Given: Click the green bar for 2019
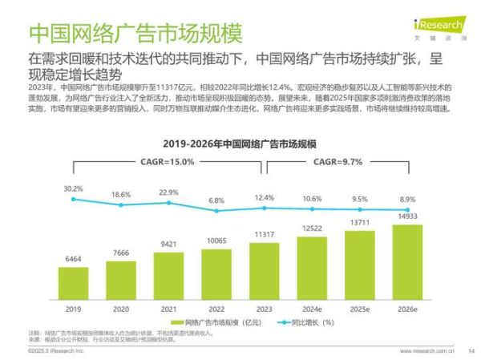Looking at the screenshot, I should [73, 282].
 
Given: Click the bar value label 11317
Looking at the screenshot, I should [264, 234].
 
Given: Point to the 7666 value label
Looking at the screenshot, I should [120, 253].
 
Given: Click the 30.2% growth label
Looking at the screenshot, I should [73, 188].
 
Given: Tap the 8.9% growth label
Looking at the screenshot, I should [406, 199].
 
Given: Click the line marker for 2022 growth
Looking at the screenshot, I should [216, 212].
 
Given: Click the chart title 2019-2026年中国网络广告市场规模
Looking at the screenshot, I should [240, 144].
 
